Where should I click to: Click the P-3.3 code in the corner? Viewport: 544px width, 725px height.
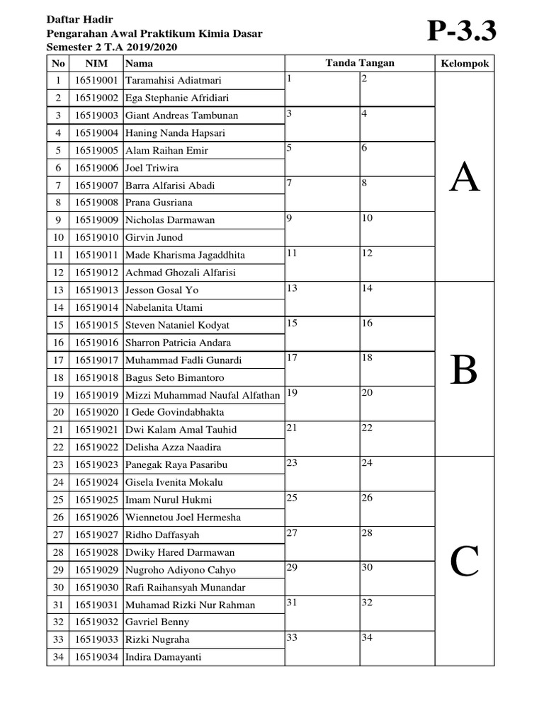point(461,32)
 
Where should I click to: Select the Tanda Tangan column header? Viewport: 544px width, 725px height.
point(359,64)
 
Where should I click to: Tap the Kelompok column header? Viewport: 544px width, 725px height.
point(465,64)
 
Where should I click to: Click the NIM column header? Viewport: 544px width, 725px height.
point(96,64)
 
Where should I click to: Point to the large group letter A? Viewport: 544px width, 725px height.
point(465,178)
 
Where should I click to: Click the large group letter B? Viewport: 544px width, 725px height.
point(465,370)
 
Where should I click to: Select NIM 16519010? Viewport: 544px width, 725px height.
point(96,237)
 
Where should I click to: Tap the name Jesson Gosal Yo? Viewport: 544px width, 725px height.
point(162,290)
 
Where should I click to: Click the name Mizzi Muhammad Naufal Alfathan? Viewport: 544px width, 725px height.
point(203,395)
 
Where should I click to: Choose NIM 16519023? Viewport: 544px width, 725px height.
point(96,465)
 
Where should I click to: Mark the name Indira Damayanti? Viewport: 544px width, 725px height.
point(164,657)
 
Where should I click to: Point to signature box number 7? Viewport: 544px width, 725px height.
point(322,194)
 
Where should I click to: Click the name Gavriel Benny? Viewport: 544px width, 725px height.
point(157,622)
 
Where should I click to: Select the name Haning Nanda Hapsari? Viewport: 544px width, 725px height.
point(172,133)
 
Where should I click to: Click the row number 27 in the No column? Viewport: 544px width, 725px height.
point(58,535)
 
